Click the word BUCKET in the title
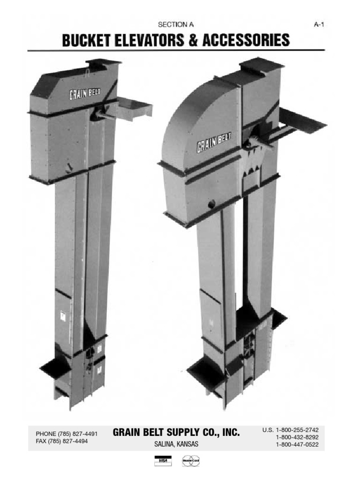tap(86, 40)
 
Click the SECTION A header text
tap(176, 24)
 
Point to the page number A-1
tap(319, 24)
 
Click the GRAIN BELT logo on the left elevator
tap(85, 94)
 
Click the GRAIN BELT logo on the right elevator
tap(214, 142)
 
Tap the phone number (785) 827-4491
tap(77, 434)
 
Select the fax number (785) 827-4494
tap(72, 441)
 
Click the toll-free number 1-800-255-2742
tap(297, 430)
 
